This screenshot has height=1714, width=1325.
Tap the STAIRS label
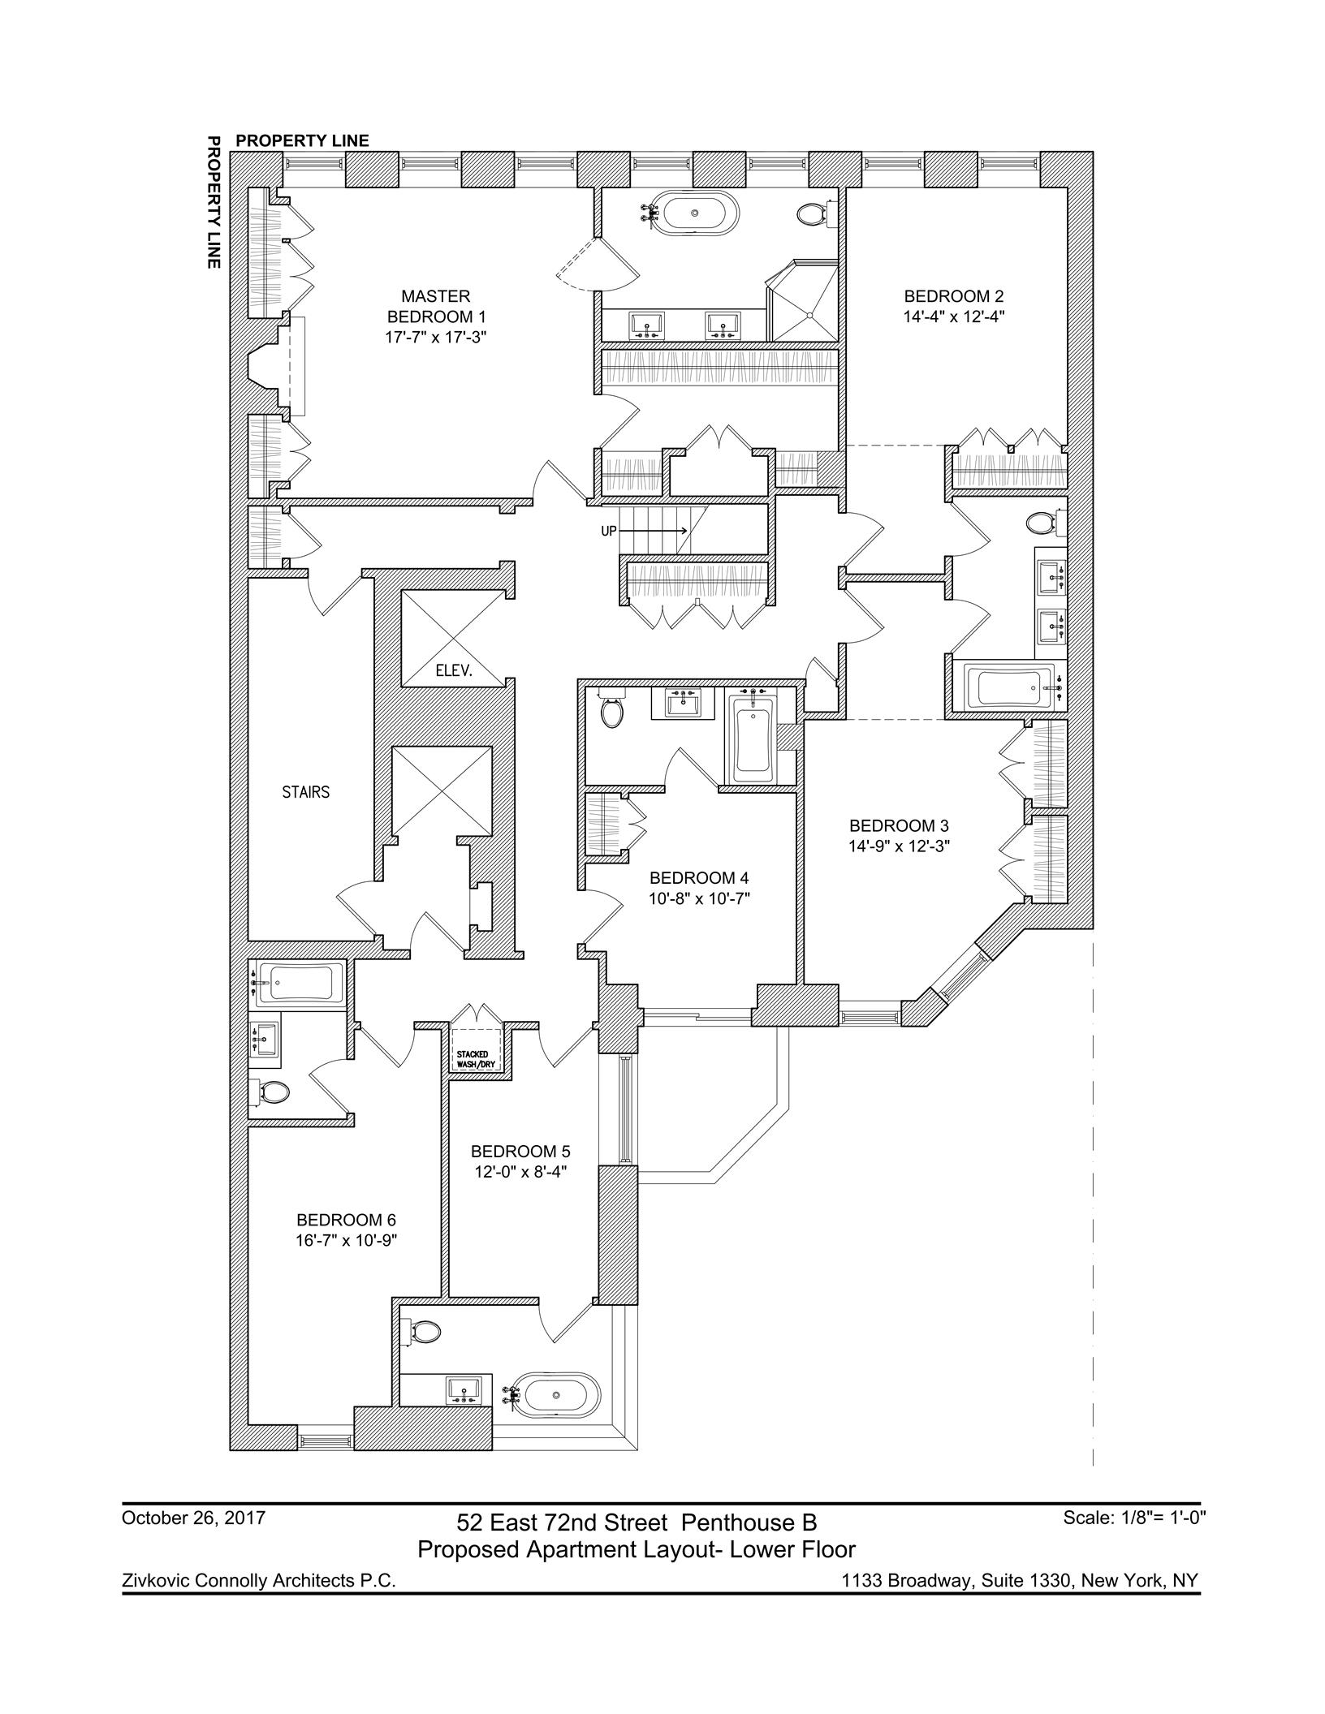[306, 791]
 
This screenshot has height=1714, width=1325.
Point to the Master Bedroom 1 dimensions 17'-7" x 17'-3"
[435, 337]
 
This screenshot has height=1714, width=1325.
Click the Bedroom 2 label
[954, 296]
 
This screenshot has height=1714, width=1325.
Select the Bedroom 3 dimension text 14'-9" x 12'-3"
[899, 846]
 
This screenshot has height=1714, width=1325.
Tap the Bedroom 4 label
[699, 878]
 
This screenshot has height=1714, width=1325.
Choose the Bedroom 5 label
[520, 1152]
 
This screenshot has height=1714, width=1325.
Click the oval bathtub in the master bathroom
[695, 213]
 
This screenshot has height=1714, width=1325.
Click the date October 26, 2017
[193, 1518]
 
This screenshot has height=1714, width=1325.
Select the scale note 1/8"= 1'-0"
[1134, 1518]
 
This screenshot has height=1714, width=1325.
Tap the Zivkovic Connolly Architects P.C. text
[258, 1581]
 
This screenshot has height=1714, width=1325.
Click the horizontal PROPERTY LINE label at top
[302, 140]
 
